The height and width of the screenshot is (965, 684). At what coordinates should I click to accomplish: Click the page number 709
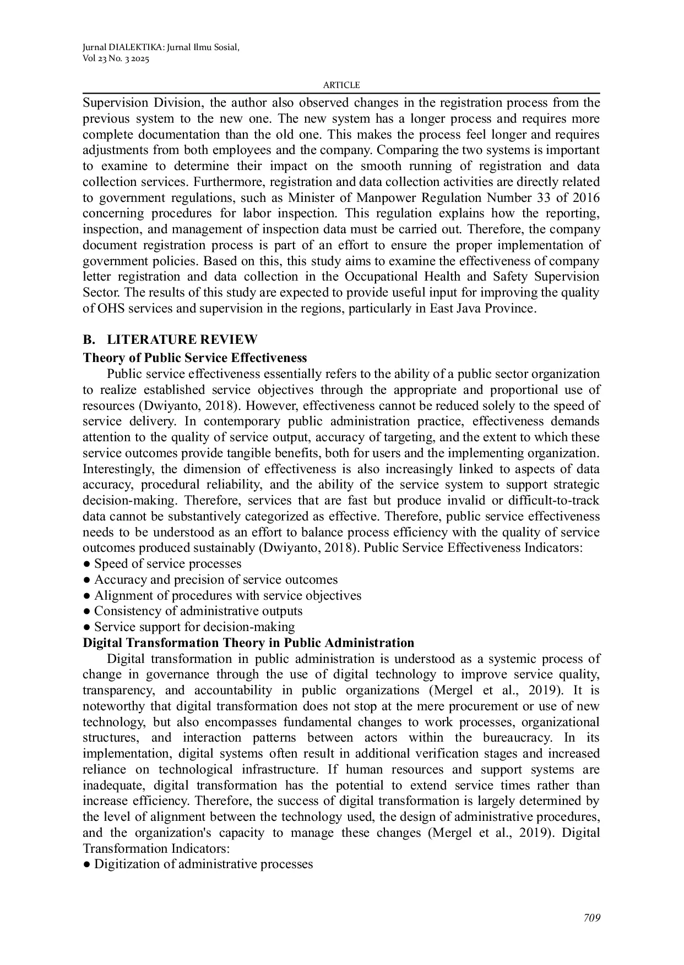(x=592, y=918)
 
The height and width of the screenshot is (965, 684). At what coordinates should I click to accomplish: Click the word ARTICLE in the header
(x=341, y=85)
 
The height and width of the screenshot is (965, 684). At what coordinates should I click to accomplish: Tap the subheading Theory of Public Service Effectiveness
(x=195, y=358)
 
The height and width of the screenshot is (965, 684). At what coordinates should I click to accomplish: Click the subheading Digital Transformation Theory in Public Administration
(x=248, y=643)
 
